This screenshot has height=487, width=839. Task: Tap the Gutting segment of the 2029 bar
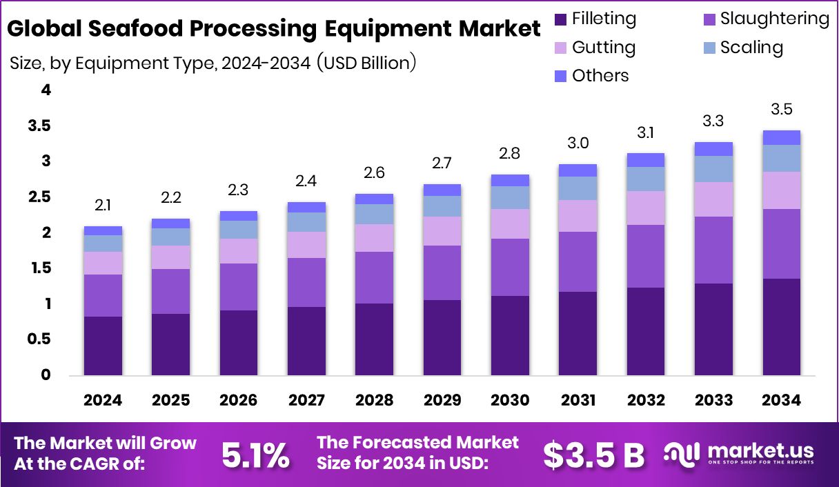(442, 231)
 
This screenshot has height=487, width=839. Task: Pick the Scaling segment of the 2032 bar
(646, 179)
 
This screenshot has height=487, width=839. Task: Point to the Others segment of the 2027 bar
(306, 207)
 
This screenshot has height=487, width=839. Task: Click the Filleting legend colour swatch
(560, 19)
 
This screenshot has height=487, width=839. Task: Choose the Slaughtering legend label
(774, 19)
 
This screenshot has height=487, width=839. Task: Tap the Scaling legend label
(751, 48)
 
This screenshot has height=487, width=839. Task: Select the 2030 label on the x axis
(510, 401)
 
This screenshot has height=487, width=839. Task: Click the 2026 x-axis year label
(239, 401)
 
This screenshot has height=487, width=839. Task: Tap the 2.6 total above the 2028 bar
(374, 173)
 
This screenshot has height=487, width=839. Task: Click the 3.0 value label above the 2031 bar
(578, 143)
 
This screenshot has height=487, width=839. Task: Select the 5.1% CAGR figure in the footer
(255, 455)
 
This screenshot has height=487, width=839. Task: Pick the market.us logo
(738, 454)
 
